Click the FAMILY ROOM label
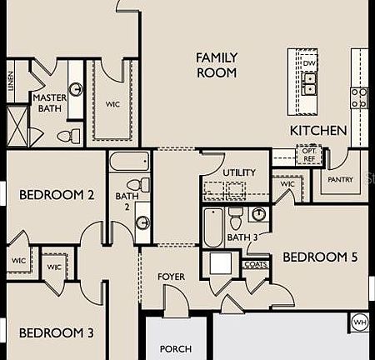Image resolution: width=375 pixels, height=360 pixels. [x=217, y=65]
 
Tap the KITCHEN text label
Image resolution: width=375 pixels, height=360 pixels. [x=318, y=131]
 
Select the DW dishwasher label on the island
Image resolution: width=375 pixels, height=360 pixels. [x=309, y=63]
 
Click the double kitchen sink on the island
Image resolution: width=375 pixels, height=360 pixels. [x=309, y=83]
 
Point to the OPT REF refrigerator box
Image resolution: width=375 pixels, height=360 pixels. [x=309, y=155]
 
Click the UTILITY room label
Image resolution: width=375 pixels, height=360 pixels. [x=239, y=172]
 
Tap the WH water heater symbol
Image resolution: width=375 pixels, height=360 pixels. [x=360, y=322]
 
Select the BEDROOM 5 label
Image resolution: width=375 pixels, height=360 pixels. [x=320, y=257]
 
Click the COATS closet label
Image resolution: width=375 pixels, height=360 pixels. [x=255, y=264]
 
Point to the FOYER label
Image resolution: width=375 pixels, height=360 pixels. [x=171, y=277]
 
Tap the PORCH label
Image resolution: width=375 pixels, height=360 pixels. [x=175, y=348]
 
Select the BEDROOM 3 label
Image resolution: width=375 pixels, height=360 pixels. [x=56, y=333]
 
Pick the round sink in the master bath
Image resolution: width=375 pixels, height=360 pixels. [x=75, y=89]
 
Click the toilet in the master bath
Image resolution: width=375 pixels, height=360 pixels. [x=67, y=134]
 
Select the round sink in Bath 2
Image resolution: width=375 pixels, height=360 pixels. [x=142, y=222]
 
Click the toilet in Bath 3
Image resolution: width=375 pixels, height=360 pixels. [x=236, y=218]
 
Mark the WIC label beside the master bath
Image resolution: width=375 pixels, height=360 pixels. [x=112, y=105]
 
